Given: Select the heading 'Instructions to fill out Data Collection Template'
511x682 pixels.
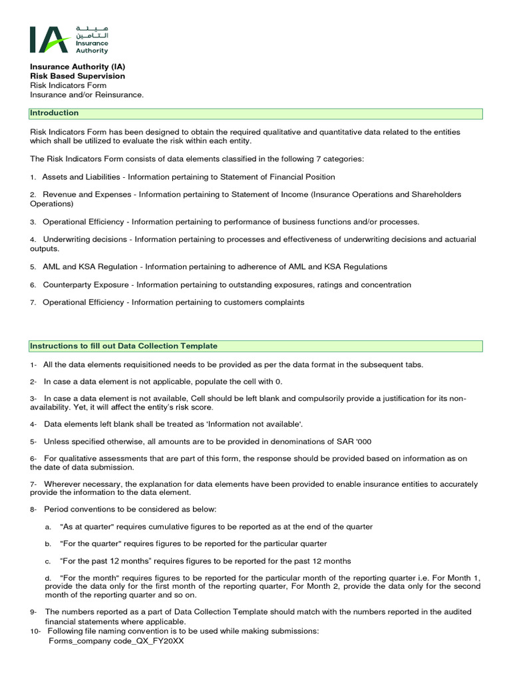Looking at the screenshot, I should click(124, 346).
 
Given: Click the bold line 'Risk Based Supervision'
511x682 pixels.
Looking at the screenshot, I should click(77, 76).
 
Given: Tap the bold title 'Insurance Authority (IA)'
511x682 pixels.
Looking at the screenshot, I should click(77, 67).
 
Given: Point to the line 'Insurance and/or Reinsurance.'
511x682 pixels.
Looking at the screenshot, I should click(86, 95).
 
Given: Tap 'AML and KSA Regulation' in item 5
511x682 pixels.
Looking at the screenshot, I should click(90, 266).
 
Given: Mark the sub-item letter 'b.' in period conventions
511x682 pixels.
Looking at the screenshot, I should click(49, 543).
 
